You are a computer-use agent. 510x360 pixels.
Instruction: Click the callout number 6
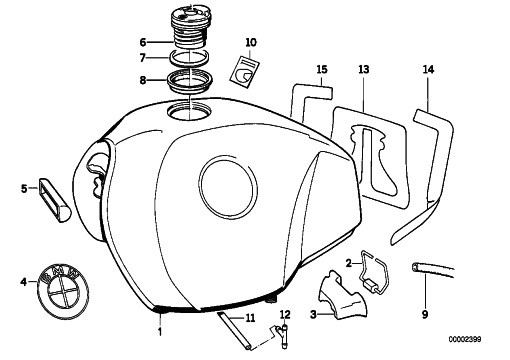(x=143, y=43)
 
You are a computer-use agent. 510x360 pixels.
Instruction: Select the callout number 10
(x=251, y=43)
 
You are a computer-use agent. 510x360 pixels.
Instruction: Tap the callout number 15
(x=322, y=70)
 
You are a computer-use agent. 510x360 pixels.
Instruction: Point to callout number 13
(x=364, y=70)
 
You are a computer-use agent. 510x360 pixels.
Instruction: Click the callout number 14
(x=429, y=70)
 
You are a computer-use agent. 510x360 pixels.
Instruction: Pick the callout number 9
(x=425, y=314)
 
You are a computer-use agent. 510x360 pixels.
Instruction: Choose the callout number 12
(x=285, y=314)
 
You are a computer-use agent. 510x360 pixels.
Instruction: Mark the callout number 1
(x=160, y=331)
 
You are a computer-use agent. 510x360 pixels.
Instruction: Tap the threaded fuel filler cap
(x=191, y=27)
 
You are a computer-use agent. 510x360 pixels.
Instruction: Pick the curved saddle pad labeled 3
(x=342, y=297)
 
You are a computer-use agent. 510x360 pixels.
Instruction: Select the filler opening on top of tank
(x=189, y=111)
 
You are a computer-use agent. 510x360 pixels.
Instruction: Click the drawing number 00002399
(x=465, y=340)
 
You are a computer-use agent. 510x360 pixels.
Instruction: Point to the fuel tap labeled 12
(x=283, y=336)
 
